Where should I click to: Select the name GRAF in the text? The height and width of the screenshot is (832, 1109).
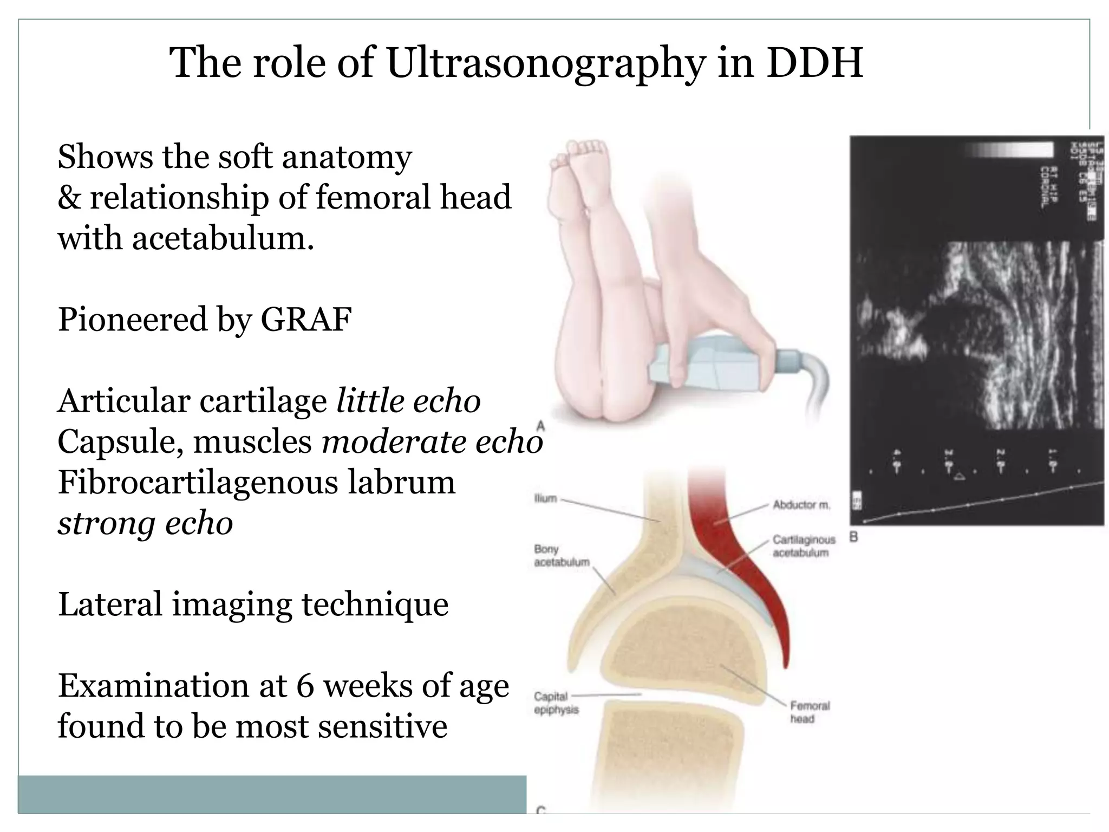306,319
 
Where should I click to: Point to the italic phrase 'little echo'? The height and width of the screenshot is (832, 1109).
408,401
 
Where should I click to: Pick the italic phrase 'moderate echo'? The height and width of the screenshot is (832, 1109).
432,442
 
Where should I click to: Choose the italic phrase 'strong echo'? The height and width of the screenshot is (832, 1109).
145,523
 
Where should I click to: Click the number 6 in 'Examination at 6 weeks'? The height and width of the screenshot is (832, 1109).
305,686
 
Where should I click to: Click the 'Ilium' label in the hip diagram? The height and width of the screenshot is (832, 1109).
545,498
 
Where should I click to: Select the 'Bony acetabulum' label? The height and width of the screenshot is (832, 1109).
562,556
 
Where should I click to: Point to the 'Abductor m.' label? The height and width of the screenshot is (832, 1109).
801,505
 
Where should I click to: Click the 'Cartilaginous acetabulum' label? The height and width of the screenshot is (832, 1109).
803,546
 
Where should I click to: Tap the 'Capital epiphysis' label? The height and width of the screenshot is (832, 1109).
556,703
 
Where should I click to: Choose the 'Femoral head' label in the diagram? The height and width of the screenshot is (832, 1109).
810,712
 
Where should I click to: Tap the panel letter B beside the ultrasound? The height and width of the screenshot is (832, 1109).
854,537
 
